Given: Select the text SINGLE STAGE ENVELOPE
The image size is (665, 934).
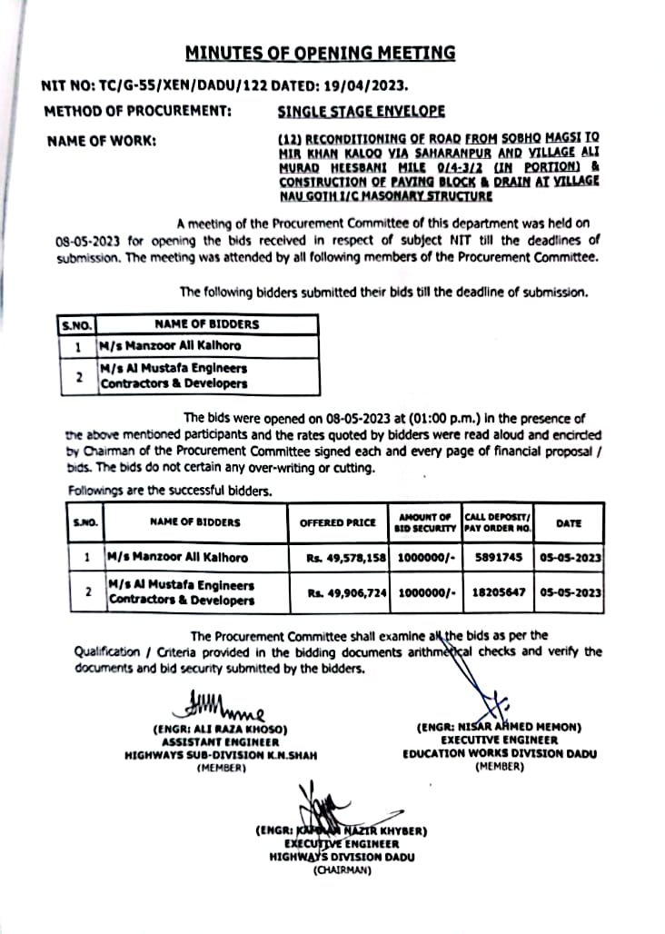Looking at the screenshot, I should click(x=361, y=112).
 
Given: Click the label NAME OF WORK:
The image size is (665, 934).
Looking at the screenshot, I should click(x=100, y=140).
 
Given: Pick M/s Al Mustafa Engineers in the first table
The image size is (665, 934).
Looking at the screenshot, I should click(x=174, y=368).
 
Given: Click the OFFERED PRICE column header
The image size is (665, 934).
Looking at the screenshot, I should click(x=337, y=522).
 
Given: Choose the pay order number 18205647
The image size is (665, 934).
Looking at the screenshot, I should click(x=498, y=592).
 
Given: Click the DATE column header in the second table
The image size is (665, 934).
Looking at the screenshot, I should click(x=569, y=523).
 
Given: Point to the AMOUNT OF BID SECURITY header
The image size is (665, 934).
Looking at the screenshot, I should click(x=425, y=522).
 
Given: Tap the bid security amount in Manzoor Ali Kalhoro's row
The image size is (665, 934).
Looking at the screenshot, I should click(x=426, y=557).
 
